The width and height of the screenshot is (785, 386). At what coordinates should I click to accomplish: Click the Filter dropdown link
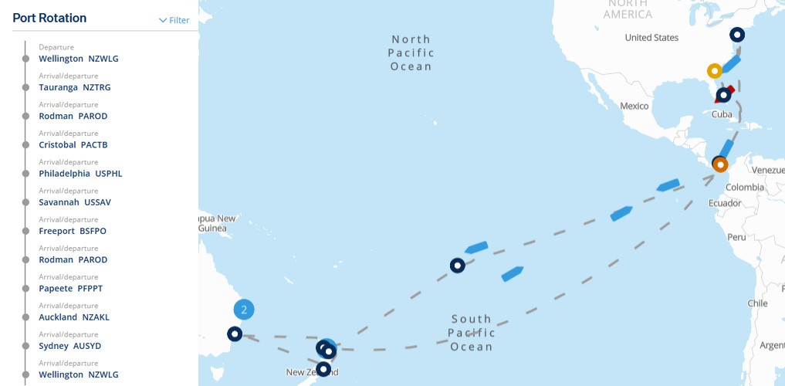[174, 21]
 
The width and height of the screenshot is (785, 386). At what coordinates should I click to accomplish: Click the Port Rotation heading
[49, 18]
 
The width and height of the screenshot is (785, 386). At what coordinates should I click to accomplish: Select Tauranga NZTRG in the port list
[75, 87]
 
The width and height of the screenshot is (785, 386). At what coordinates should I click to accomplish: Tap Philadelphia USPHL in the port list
[80, 174]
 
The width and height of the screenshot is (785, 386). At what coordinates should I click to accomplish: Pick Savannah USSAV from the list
[75, 202]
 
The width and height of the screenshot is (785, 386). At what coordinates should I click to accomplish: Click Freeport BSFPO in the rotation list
[73, 231]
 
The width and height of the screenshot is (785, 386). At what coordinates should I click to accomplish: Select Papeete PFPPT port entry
[70, 289]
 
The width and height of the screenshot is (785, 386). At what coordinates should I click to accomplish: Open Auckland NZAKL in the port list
[74, 317]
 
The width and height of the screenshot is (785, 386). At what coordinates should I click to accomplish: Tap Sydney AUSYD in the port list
[70, 346]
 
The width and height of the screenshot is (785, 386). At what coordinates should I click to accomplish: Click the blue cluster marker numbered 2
[244, 310]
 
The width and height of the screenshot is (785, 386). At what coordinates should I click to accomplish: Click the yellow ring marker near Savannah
[715, 71]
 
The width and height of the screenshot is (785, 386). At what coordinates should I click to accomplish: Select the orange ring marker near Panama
[720, 164]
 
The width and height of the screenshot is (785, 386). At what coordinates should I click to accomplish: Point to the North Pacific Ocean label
[411, 52]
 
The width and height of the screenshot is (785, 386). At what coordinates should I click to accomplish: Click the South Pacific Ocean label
[472, 333]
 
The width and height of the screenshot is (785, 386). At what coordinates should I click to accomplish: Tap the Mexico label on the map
[634, 106]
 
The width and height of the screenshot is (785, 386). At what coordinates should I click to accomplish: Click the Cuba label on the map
[722, 114]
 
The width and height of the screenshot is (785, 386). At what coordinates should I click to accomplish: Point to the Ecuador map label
[725, 203]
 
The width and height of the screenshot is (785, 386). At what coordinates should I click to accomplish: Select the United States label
[651, 38]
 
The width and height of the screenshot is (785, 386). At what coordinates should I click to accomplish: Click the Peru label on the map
[736, 237]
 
